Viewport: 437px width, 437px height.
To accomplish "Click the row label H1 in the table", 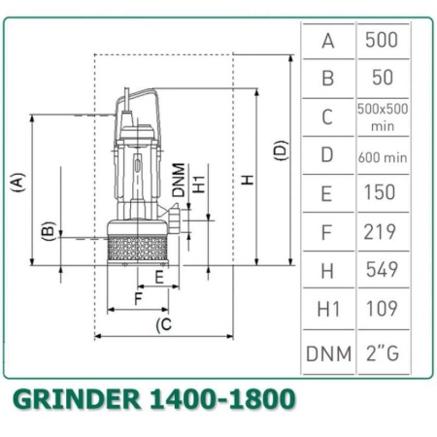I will (328, 309).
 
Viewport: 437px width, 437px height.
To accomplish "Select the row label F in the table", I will (328, 231).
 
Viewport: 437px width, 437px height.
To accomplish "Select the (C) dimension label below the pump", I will (164, 324).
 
